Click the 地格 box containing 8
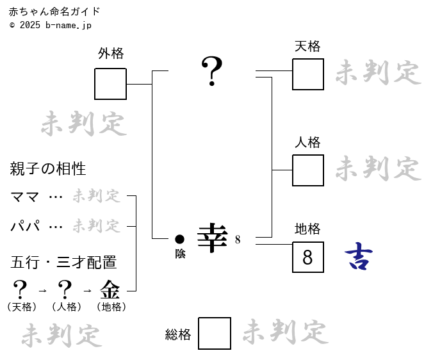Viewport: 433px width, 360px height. (308, 257)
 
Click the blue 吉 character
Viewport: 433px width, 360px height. (359, 256)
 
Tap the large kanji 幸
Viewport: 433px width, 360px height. (212, 238)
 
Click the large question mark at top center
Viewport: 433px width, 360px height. (212, 71)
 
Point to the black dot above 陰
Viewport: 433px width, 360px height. (179, 239)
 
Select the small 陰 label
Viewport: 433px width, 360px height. (180, 254)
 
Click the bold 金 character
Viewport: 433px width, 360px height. (110, 290)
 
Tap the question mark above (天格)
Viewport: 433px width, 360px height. (20, 290)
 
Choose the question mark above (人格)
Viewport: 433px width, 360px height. (65, 290)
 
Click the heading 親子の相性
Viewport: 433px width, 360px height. (48, 168)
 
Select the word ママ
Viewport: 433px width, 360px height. (24, 197)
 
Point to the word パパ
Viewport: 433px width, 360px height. (25, 226)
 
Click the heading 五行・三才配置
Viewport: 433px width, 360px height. (63, 262)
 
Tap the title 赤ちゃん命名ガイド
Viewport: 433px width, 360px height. (54, 12)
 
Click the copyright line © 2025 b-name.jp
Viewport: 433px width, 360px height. (50, 25)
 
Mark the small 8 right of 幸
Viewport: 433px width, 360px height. (238, 240)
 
